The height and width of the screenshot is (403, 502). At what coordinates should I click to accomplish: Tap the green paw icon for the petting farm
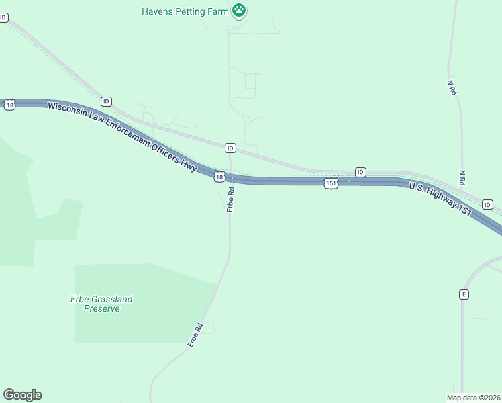(239, 10)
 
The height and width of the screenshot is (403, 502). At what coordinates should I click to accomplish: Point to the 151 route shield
(331, 183)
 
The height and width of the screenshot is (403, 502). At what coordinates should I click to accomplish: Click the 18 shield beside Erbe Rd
(219, 177)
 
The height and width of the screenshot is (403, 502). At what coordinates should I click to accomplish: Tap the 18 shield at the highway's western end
(9, 105)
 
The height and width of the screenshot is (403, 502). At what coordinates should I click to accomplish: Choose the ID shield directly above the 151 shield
(360, 172)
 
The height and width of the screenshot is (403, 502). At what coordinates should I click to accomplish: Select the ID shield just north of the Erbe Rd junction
(230, 148)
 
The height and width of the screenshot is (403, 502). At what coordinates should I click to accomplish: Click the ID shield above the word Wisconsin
(106, 101)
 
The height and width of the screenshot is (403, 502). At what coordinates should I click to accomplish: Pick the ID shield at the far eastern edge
(488, 204)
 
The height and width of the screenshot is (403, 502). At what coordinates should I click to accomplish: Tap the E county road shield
(464, 294)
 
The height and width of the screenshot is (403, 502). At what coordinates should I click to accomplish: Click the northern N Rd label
(452, 88)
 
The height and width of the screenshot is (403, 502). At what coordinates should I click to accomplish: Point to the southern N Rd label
(462, 177)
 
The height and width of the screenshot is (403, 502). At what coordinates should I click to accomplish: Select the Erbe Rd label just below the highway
(230, 199)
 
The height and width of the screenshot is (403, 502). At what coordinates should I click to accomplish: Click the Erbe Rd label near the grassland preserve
(195, 335)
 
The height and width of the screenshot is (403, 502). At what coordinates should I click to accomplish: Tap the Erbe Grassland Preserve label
(102, 304)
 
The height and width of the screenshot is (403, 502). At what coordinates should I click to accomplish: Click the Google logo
(22, 395)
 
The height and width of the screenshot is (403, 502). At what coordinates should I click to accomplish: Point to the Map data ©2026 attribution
(472, 398)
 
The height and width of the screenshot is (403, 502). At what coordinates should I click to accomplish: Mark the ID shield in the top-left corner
(3, 17)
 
